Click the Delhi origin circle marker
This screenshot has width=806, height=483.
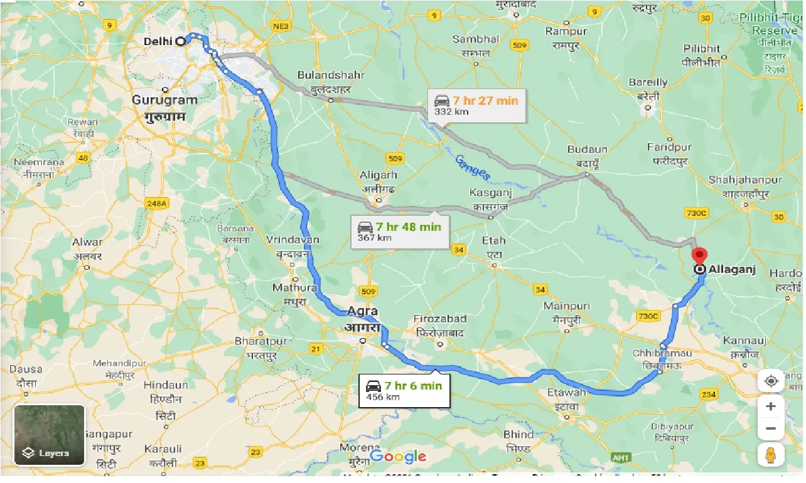pos(181,41)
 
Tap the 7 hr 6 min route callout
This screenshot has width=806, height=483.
pos(404,390)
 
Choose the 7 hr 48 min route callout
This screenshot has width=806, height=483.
pos(399,231)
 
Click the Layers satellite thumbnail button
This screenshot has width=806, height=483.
pos(49,435)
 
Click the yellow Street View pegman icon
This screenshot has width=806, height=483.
pos(771,454)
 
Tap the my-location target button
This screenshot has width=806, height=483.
pos(771,381)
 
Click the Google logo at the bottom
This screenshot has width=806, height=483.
pos(398,457)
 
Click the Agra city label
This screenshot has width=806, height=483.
pos(362,312)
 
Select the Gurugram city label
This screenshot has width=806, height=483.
pos(164,100)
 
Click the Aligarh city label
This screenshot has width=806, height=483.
pos(379,176)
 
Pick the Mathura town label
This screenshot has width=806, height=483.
pos(294,288)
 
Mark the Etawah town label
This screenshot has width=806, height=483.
pos(566,393)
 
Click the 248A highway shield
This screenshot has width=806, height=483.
pos(156,203)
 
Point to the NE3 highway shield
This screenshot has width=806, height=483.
pos(281,26)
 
